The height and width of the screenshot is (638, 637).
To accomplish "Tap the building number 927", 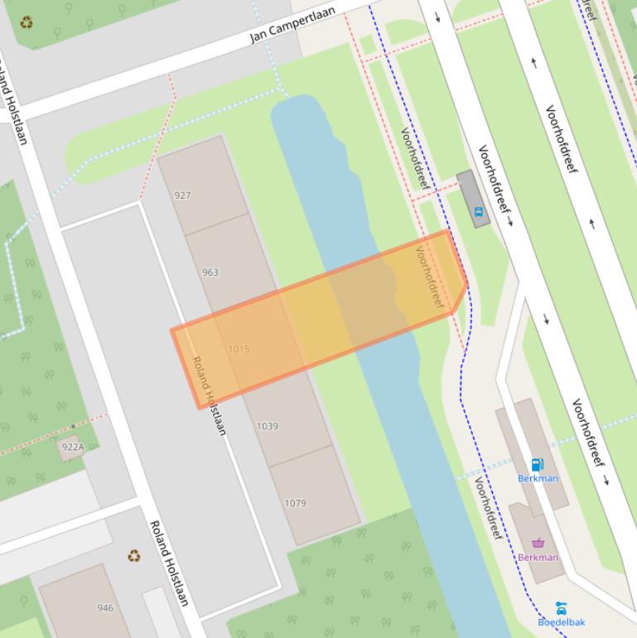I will coord(182,196).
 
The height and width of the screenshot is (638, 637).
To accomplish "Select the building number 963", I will coord(210,272).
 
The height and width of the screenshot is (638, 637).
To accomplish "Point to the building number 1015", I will coord(239,349).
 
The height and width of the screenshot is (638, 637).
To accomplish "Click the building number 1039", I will coord(267,426).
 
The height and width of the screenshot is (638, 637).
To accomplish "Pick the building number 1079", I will coord(296,503).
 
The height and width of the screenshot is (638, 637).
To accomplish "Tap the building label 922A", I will coord(73,447).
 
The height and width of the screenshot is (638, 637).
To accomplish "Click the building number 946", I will coord(105,607).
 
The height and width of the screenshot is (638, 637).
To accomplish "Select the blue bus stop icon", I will coord(478,212).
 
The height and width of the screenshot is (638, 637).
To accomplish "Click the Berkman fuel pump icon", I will coord(537,465).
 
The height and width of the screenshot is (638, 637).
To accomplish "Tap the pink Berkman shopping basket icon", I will coord(538,544).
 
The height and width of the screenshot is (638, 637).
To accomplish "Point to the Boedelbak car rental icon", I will coord(561,609).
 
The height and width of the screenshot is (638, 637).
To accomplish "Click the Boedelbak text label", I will coord(561,622).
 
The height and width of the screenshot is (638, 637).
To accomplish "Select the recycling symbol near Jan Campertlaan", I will coord(27,22).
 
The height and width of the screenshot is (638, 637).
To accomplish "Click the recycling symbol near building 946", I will coord(134,556).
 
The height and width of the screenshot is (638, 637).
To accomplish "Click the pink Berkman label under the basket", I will coord(538,558).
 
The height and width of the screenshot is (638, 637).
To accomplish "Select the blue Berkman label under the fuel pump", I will coord(538,478).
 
